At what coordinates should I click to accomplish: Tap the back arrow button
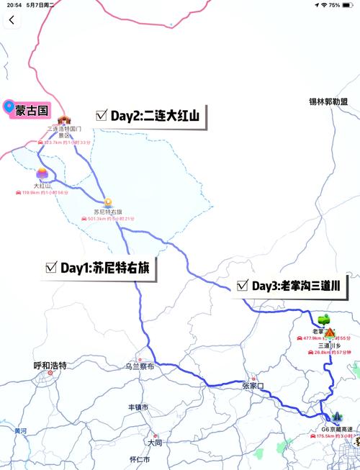(12, 20)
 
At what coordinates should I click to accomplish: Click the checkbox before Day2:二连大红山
(102, 115)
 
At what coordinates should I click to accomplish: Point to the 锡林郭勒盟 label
(333, 102)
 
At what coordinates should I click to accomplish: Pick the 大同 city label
(152, 442)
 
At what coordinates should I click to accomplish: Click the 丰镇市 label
(138, 407)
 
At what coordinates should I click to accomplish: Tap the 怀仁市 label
(139, 459)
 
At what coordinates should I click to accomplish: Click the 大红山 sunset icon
(42, 173)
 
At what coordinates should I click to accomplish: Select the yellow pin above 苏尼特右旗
(107, 202)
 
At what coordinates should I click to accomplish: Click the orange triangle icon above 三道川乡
(330, 333)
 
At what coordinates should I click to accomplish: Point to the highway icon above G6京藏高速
(337, 417)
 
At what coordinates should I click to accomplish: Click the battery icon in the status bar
(351, 4)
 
